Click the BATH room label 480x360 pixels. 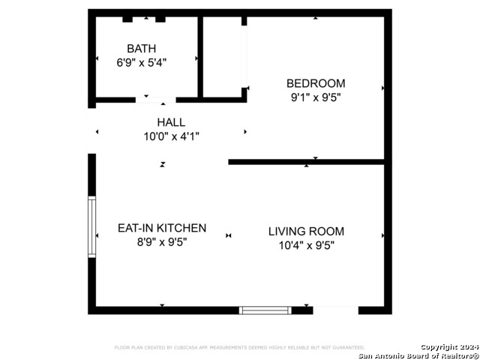click(x=142, y=49)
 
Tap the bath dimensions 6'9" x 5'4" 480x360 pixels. click(x=142, y=63)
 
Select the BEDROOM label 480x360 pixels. click(x=316, y=83)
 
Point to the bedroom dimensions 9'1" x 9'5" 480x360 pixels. click(x=316, y=97)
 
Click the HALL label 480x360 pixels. click(x=171, y=122)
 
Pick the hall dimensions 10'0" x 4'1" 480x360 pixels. click(x=171, y=136)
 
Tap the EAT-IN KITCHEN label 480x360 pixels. click(x=162, y=228)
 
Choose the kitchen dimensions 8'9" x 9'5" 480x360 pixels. click(x=162, y=242)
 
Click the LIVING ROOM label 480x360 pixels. click(x=306, y=231)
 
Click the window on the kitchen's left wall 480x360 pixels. click(x=92, y=227)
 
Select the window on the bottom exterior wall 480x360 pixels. click(x=265, y=310)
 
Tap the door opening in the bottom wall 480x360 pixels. click(x=335, y=310)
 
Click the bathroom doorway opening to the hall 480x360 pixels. click(x=156, y=99)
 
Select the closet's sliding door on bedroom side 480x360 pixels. click(x=244, y=56)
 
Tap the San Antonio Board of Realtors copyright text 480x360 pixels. click(x=418, y=351)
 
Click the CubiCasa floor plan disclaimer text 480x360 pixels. click(x=239, y=347)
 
